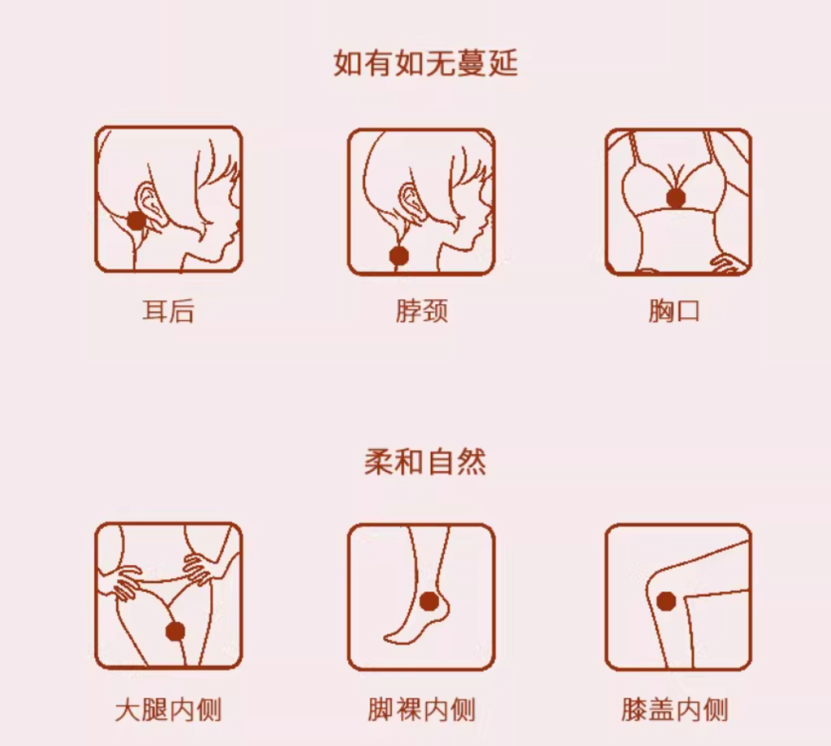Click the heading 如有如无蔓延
tap(425, 63)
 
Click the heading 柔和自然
tap(425, 461)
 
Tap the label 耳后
tap(169, 311)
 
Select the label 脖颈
tap(422, 311)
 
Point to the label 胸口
tap(674, 311)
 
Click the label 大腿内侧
tap(169, 710)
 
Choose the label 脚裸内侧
tap(422, 710)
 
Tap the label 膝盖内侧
tap(674, 710)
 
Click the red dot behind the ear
tap(136, 221)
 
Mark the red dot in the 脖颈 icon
tap(399, 255)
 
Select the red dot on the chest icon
tap(676, 199)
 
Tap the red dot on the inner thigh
tap(175, 631)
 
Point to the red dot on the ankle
tap(428, 602)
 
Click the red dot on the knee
tap(666, 602)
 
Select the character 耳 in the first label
tap(155, 311)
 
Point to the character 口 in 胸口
tap(688, 311)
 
